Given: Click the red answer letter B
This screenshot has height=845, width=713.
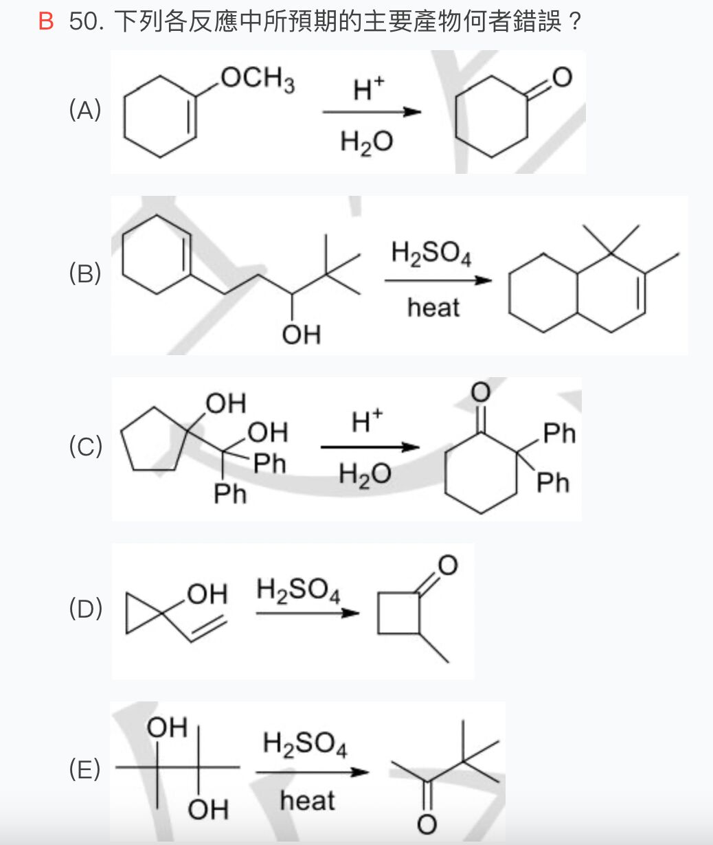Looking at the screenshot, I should pos(45,22).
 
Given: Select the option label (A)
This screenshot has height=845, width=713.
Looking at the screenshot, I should pos(85,110).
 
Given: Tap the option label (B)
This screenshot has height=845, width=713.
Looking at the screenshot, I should pos(85,273).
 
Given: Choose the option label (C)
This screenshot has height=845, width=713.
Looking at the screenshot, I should pos(85,447).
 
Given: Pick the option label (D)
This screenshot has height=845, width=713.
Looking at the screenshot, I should pos(85,609).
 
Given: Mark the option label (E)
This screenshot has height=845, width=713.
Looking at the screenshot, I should pos(85,769).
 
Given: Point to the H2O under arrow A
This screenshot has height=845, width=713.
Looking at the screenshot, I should pos(367,142).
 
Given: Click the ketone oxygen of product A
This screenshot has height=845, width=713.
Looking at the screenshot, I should pos(562,78).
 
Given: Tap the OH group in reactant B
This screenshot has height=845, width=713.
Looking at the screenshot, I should pos(301,335).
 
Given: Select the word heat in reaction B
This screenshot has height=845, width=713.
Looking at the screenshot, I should pos(433,308).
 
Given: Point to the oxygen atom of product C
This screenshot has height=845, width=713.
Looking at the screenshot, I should pos(480,392).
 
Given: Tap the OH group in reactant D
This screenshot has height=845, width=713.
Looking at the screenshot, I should pos(207,594).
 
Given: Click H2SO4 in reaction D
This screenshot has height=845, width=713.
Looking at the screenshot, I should pos(298,590).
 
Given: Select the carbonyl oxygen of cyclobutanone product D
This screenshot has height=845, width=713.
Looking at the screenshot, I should pos(446,565).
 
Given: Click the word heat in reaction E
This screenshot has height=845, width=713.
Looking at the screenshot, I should pos(307,800).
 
